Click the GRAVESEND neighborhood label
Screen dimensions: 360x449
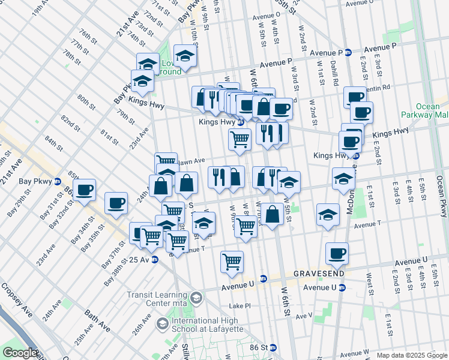click(x=319, y=273)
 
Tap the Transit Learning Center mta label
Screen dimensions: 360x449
click(x=157, y=298)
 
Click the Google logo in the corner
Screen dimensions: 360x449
click(x=20, y=353)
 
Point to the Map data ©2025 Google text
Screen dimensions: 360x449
click(x=412, y=355)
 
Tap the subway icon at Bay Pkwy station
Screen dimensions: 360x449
click(x=57, y=181)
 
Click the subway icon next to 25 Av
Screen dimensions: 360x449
click(x=155, y=260)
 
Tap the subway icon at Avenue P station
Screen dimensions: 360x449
click(x=348, y=52)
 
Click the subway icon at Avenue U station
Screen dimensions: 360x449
click(x=342, y=287)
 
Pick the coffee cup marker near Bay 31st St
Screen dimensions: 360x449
click(x=85, y=190)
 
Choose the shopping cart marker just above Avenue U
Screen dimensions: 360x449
click(x=232, y=261)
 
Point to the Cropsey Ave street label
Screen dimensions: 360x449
click(x=19, y=309)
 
